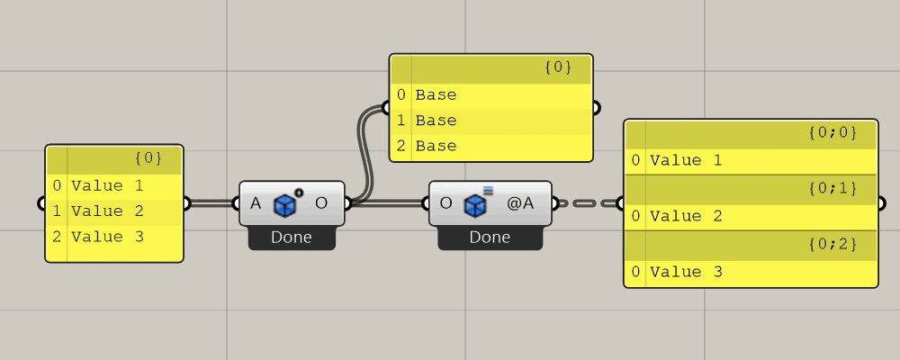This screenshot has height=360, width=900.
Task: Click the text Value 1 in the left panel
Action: tap(107, 186)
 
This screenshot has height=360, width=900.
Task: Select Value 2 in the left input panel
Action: tap(107, 211)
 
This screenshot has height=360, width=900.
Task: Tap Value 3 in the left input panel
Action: tap(107, 237)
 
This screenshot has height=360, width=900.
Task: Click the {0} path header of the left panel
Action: tap(148, 158)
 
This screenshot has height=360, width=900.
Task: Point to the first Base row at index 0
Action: tap(436, 94)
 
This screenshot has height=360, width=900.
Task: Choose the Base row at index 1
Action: tap(436, 120)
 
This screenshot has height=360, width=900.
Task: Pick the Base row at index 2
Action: tap(436, 146)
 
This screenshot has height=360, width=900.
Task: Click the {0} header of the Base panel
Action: tap(558, 67)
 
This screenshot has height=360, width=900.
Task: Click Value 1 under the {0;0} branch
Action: tap(686, 160)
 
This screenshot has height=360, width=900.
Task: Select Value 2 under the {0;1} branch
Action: tap(686, 216)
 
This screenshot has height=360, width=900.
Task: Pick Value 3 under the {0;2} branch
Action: tap(686, 272)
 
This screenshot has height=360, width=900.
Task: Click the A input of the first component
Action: tap(256, 203)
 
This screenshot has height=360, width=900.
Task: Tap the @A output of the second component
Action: tap(520, 203)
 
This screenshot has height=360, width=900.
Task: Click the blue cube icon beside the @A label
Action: tap(475, 204)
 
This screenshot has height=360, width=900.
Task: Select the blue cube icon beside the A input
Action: tap(286, 204)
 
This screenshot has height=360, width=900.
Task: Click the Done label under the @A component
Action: tap(489, 238)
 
